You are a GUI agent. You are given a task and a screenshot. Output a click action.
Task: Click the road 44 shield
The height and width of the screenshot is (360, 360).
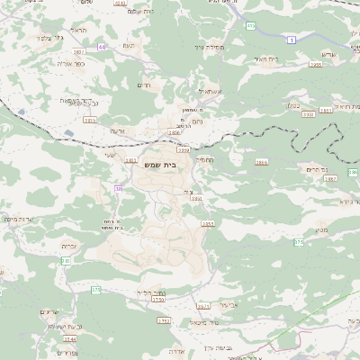click(103, 46)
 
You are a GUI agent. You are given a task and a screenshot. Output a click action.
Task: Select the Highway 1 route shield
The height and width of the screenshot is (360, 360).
click(292, 40)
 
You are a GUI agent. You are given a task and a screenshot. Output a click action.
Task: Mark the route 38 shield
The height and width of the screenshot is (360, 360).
click(118, 188)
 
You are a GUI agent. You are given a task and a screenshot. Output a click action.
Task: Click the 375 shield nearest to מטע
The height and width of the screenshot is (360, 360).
click(298, 241)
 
